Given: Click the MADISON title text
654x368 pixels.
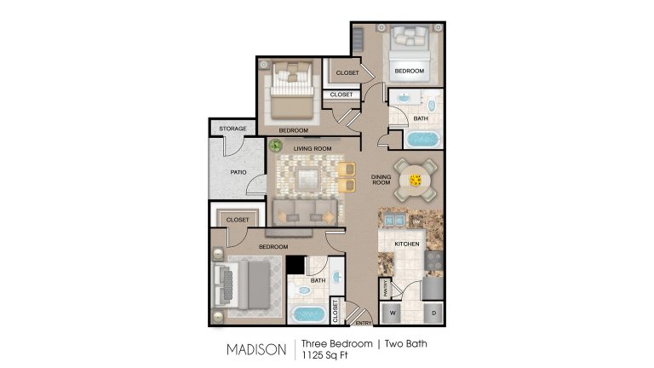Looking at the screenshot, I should [255, 349].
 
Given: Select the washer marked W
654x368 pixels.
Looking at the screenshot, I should [393, 312].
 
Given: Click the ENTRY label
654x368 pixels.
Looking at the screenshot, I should [364, 323].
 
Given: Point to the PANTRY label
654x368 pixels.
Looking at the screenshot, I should [386, 289].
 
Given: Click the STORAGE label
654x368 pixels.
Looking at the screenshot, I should [232, 129].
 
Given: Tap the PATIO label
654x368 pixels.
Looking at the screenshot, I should [238, 171].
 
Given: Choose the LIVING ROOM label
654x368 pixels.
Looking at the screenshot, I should [311, 148].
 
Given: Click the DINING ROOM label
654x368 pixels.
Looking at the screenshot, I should [381, 180].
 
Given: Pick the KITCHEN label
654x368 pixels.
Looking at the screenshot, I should [407, 244].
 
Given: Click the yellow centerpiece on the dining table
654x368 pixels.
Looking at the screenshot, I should [416, 180].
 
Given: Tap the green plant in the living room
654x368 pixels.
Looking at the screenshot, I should [276, 146].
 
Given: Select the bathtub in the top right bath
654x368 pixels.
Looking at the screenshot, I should [421, 139].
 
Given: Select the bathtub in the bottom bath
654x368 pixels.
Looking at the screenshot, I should [310, 313].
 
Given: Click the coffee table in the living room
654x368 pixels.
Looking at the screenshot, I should [307, 177].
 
